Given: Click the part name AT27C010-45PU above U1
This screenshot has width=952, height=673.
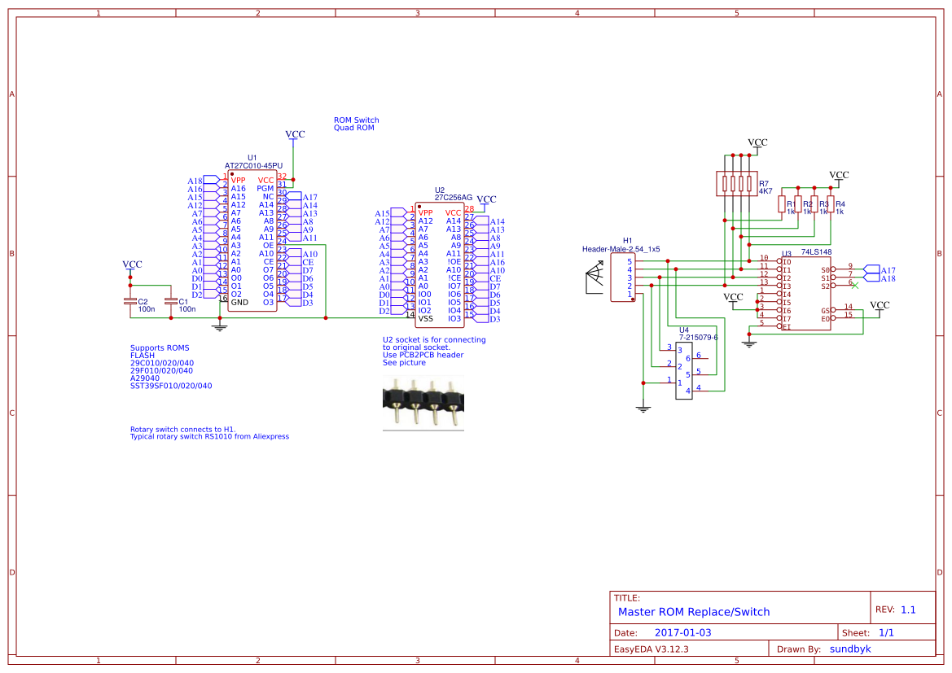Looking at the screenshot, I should [x=253, y=165].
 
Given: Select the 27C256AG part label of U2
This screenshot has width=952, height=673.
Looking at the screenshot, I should [x=453, y=197].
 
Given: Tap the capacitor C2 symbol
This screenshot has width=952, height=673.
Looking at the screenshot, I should [x=129, y=302].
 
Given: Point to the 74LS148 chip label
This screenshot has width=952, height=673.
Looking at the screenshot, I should [x=815, y=253].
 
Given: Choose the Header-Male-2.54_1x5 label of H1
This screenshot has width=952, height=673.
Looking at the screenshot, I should [x=621, y=248].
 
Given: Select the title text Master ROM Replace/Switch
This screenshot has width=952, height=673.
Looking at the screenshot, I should [x=693, y=612].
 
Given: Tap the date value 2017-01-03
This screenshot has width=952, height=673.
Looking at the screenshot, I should [x=683, y=632].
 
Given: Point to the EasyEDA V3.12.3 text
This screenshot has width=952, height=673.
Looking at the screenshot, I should [x=651, y=649].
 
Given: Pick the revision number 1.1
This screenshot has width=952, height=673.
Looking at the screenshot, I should [x=908, y=610].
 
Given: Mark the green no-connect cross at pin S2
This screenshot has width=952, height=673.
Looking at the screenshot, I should [x=853, y=285].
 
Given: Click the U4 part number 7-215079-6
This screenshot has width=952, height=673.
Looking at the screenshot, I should [x=698, y=337].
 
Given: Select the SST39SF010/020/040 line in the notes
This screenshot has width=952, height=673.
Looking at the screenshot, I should [x=170, y=386].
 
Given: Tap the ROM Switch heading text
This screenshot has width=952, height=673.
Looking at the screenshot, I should [x=356, y=120].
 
